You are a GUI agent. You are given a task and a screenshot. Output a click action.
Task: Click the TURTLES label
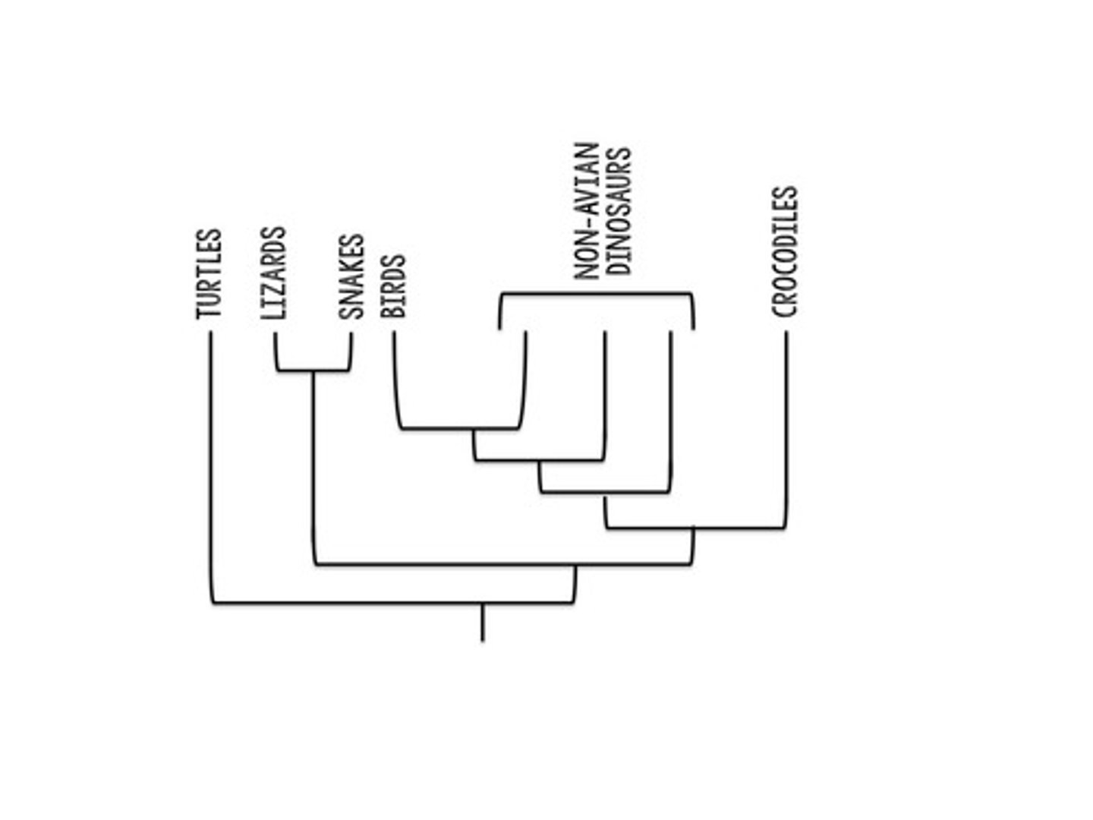point(209,273)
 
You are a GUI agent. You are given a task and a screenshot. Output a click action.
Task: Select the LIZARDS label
point(273,273)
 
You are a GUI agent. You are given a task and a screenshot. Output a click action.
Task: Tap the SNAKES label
point(352,277)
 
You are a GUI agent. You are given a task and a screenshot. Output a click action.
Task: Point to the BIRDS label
point(394,285)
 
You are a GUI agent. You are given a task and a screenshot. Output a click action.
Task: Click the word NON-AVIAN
point(587,211)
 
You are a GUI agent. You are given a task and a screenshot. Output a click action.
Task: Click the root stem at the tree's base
point(482,623)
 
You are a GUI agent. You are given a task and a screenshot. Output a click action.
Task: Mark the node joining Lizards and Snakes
point(313,371)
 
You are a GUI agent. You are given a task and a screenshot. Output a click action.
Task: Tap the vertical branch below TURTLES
point(211,463)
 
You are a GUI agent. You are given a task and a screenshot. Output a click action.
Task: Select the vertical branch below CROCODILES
point(786,425)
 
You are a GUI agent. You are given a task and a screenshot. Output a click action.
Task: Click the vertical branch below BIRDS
point(395,380)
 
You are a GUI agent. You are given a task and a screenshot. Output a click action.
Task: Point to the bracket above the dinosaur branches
point(596,294)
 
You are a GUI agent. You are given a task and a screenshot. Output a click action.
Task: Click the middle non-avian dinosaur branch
point(605,395)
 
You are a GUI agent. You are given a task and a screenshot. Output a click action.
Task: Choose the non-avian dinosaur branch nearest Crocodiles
point(670,410)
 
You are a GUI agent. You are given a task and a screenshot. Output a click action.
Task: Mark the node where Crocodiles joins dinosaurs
point(693,528)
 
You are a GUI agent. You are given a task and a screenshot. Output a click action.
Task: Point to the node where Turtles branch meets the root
point(482,604)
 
